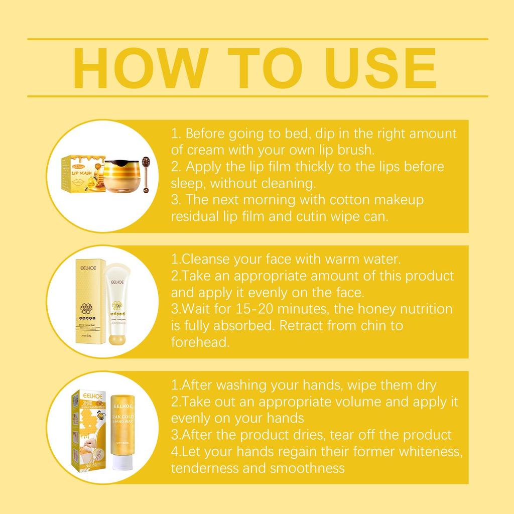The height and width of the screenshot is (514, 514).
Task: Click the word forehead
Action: (199, 342)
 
